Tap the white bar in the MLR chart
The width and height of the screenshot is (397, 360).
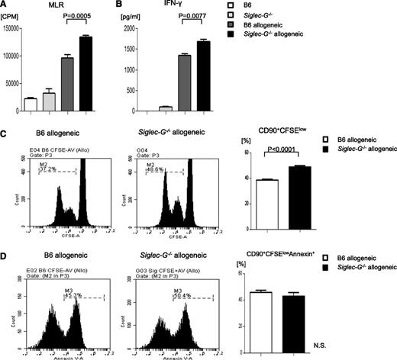31,104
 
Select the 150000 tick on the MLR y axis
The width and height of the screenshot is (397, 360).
11,28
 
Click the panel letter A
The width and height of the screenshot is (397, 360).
5,6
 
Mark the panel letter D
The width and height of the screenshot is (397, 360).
5,247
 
